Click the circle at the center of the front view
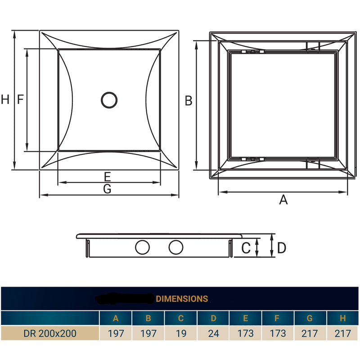tap(109, 100)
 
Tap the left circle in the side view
tap(143, 247)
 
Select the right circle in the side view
tap(176, 247)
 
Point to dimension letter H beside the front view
tap(5, 100)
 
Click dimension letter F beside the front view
tap(20, 100)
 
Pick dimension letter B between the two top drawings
tap(189, 101)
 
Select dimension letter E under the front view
tap(107, 176)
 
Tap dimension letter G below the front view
tap(107, 189)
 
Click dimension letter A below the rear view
tap(283, 200)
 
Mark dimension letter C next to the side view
tap(246, 247)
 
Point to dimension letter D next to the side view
tap(282, 247)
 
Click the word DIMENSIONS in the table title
tap(182, 299)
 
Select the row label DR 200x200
tap(50, 333)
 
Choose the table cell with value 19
tap(181, 333)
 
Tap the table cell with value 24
tap(213, 333)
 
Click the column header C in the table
tap(181, 319)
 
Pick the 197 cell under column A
tap(116, 333)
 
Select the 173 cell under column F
tap(278, 333)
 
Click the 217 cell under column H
tap(342, 333)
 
